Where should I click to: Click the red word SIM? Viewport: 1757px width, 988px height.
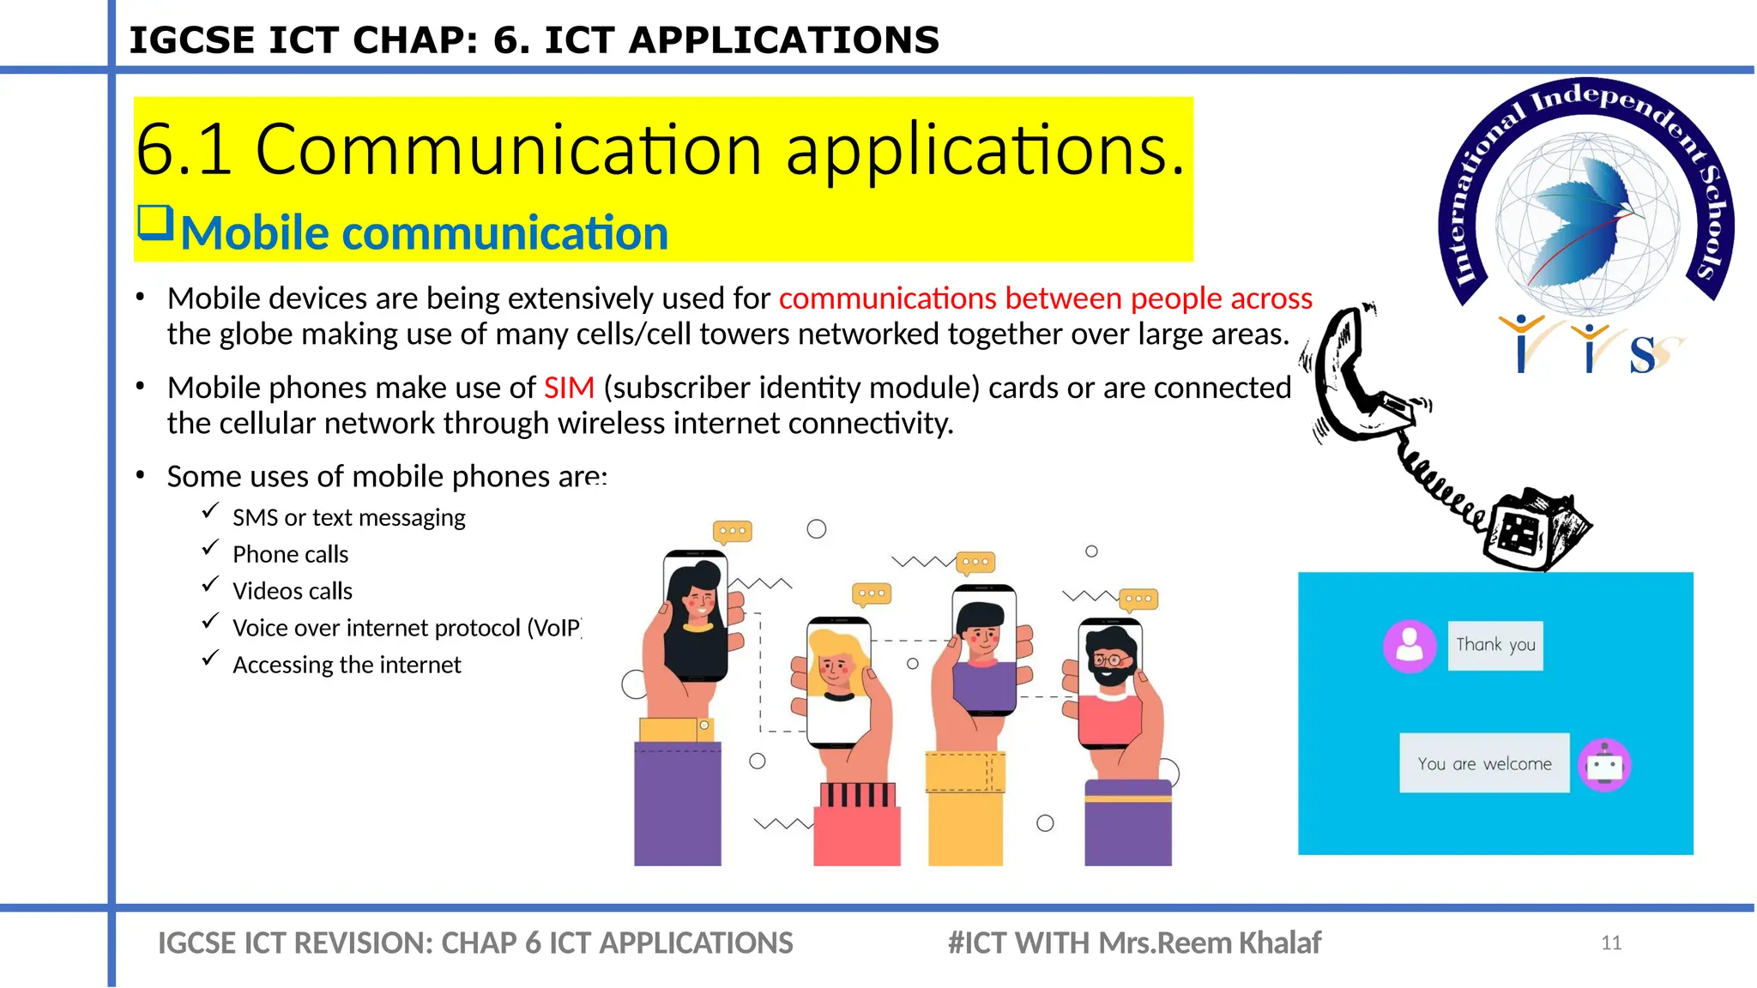[569, 388]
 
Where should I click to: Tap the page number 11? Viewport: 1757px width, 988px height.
[1610, 943]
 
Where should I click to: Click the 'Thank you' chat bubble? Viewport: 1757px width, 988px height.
[1495, 645]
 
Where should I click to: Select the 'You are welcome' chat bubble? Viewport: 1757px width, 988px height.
[1484, 763]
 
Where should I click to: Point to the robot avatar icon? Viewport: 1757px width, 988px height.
[1604, 764]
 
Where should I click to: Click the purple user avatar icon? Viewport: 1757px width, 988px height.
[1410, 645]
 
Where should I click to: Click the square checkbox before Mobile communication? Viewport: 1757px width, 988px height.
[155, 223]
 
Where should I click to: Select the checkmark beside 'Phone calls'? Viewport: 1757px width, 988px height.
[210, 549]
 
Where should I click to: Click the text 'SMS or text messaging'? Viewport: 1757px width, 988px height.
[348, 518]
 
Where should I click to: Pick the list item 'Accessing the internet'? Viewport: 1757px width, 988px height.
[347, 666]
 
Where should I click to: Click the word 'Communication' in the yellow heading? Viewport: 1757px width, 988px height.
[508, 150]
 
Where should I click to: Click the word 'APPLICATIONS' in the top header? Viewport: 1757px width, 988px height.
[784, 40]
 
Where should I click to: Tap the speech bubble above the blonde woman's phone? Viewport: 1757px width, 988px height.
[871, 593]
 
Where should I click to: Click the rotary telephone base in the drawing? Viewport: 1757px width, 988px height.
[1536, 532]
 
